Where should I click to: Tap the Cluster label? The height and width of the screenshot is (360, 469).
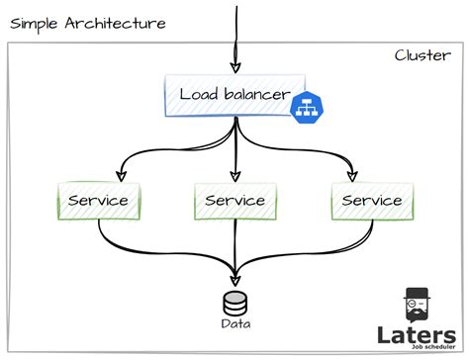pyautogui.click(x=423, y=55)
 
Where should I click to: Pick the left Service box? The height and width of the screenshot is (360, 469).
pyautogui.click(x=97, y=201)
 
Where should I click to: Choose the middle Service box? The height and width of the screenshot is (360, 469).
pyautogui.click(x=234, y=201)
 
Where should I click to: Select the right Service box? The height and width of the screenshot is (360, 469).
pyautogui.click(x=371, y=201)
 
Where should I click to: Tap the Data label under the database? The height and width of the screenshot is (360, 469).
pyautogui.click(x=234, y=323)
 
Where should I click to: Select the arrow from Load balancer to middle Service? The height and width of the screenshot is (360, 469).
pyautogui.click(x=234, y=153)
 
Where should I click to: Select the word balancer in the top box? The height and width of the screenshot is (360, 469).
pyautogui.click(x=255, y=95)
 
